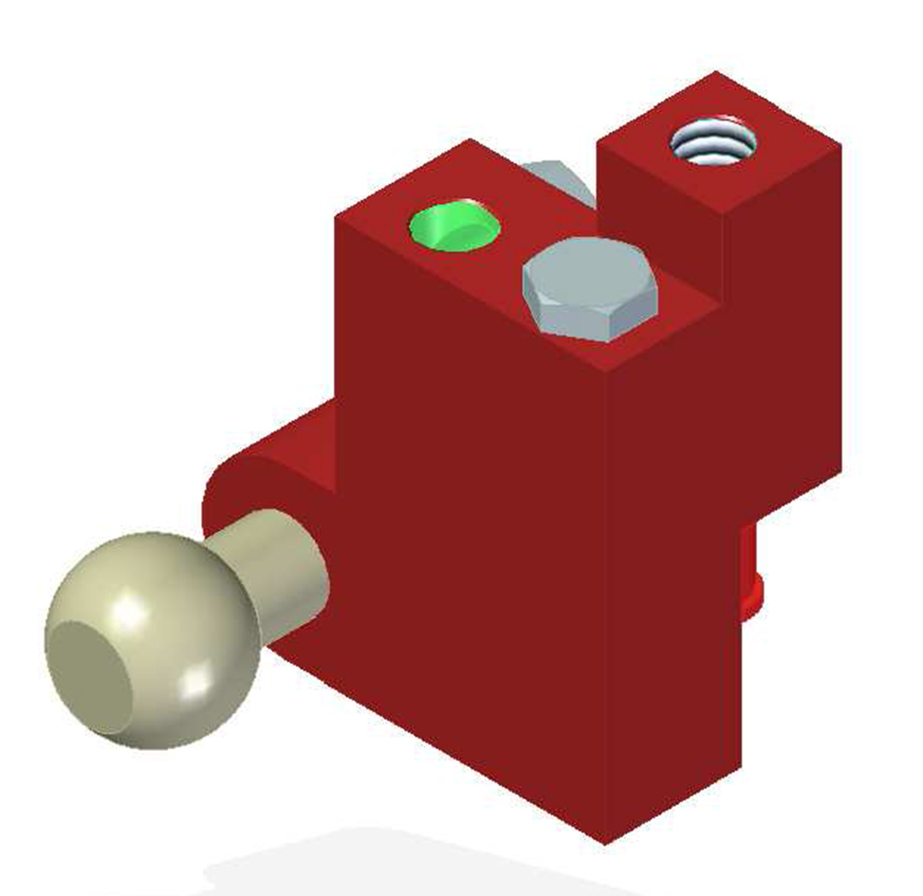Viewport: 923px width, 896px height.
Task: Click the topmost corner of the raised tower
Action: pos(715,72)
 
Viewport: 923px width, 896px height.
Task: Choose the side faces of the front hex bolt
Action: pos(585,320)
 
